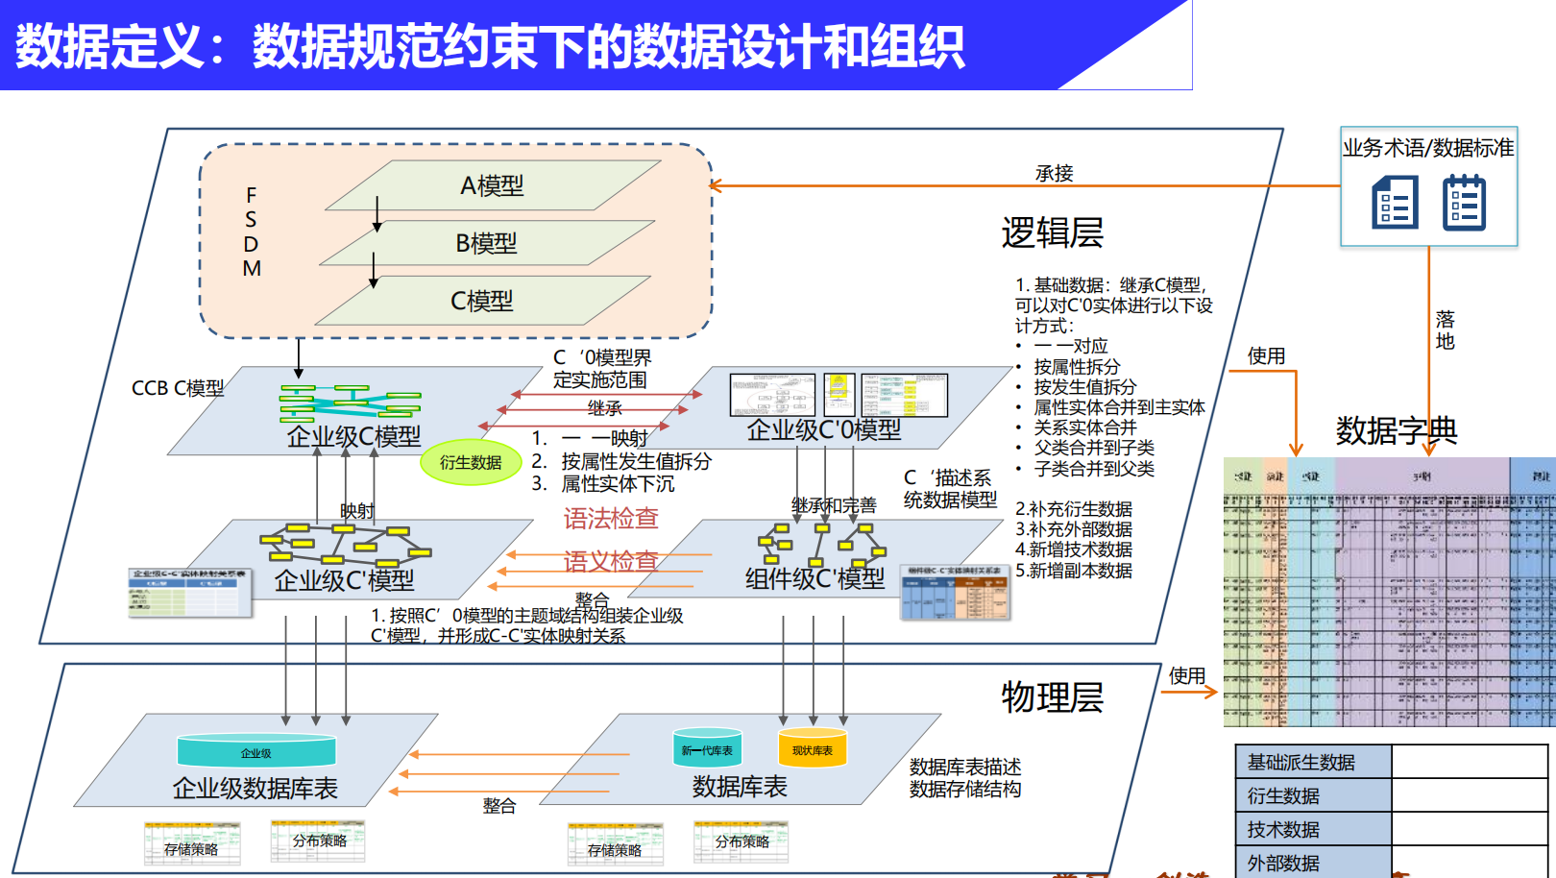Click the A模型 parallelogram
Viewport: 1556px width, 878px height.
(x=493, y=185)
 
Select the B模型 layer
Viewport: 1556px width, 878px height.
(x=487, y=243)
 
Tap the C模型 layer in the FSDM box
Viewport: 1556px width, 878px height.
(x=482, y=301)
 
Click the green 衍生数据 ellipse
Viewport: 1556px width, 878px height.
(x=471, y=463)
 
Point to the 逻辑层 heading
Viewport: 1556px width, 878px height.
(x=1052, y=233)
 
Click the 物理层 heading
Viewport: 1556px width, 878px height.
(x=1052, y=697)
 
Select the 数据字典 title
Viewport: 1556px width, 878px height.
(x=1396, y=430)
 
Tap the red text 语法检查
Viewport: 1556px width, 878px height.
(x=611, y=519)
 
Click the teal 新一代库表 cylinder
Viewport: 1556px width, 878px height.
(x=707, y=749)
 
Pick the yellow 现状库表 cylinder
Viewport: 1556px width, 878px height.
(x=813, y=749)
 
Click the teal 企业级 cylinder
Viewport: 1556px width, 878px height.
(x=256, y=752)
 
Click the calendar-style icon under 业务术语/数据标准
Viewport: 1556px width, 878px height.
(x=1464, y=203)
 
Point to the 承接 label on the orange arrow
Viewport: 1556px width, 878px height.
(x=1054, y=174)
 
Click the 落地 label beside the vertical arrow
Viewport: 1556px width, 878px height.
(x=1445, y=330)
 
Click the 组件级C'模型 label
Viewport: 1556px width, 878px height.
(x=814, y=578)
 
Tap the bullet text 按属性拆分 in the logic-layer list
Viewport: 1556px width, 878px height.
(x=1077, y=367)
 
